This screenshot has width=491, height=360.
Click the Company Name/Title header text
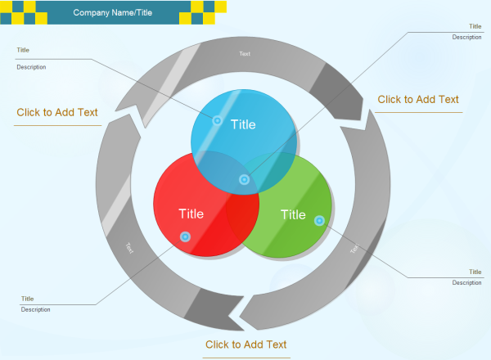pos(112,13)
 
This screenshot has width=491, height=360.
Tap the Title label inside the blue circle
pos(243,125)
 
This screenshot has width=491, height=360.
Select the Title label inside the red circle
pos(191,214)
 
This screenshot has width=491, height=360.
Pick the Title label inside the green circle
pos(293,215)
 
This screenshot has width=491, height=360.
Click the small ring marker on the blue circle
pos(218,120)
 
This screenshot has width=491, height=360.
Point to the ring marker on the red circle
pos(185,236)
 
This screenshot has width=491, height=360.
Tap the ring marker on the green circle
pos(319,220)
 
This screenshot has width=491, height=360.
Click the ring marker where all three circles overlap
pos(244,179)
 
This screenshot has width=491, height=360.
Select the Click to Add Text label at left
pos(57,113)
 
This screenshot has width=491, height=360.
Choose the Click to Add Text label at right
pos(418,100)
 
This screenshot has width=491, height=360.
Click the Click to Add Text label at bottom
pos(245,344)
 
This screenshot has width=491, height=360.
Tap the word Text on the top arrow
pos(245,54)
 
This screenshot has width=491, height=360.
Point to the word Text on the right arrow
pos(354,249)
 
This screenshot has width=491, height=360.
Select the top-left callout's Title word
pos(23,50)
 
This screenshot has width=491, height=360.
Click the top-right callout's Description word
pos(466,37)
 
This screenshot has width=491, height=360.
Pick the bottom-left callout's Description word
pos(36,309)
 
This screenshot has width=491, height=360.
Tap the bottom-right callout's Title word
pos(475,272)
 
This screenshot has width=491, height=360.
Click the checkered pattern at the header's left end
pos(18,12)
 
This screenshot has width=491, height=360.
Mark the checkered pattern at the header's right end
pos(209,12)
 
